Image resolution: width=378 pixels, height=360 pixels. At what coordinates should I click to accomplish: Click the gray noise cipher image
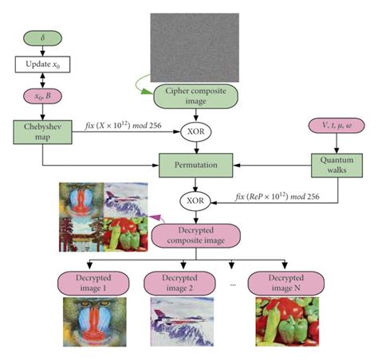(194, 46)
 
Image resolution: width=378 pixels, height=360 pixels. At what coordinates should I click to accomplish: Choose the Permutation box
(195, 167)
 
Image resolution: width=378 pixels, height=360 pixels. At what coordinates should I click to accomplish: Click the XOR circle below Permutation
(195, 201)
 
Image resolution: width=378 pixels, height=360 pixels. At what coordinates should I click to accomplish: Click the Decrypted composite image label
(195, 237)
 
